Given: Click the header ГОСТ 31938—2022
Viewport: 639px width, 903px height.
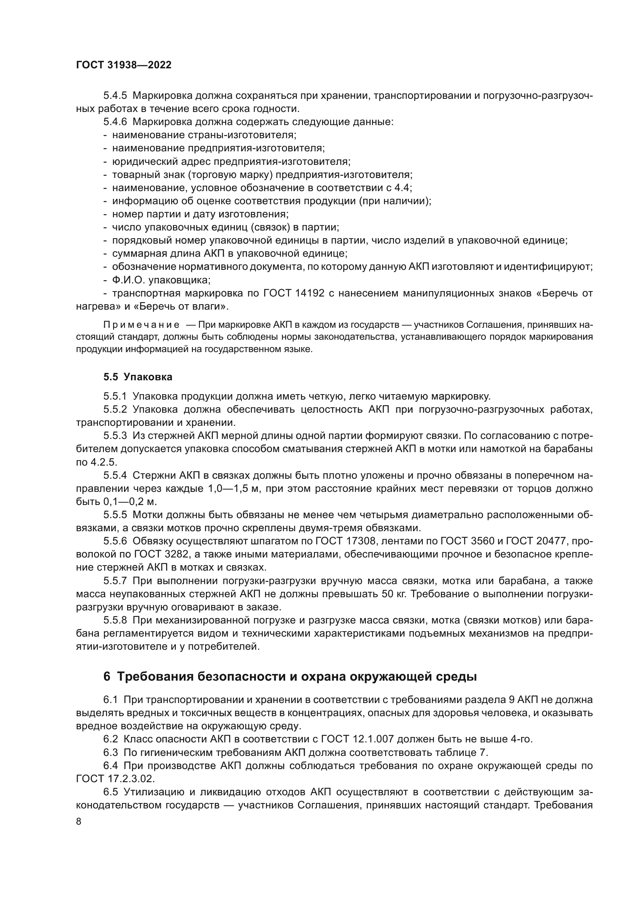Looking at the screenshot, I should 124,65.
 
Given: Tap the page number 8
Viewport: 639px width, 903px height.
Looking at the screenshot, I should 79,822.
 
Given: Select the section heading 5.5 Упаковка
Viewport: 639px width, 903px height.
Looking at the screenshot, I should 138,377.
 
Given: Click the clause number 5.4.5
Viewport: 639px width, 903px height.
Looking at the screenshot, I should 115,96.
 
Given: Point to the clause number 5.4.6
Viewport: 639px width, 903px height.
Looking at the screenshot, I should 115,122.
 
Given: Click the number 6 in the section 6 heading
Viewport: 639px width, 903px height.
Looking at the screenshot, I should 107,677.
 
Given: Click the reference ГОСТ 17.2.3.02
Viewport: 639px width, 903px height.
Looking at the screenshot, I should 115,779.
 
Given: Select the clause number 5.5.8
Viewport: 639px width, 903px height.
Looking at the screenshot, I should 115,621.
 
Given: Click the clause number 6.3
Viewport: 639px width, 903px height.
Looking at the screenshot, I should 110,752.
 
